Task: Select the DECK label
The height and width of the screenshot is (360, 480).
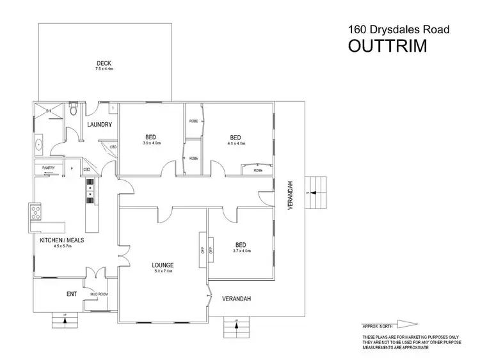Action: point(104,63)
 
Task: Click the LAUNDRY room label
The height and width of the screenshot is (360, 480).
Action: point(99,124)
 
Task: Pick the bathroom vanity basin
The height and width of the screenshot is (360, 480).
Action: point(40,144)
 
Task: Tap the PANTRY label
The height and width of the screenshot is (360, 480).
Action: point(50,168)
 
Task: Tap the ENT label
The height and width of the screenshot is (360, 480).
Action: point(72,295)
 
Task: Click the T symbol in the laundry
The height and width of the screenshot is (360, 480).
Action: point(112,108)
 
